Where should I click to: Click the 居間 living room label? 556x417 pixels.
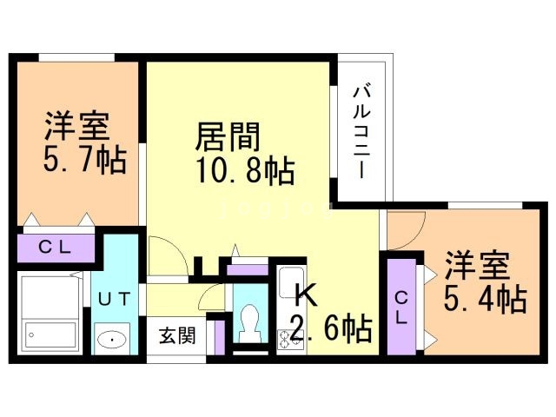(x=229, y=137)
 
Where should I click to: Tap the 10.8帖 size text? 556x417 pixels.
(x=244, y=170)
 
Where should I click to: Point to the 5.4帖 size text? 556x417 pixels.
(x=485, y=299)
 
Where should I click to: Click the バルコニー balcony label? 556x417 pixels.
(x=363, y=130)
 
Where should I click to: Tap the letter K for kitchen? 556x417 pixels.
(x=303, y=295)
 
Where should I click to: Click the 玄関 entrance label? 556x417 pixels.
(x=175, y=334)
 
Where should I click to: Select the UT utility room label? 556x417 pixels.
(x=115, y=300)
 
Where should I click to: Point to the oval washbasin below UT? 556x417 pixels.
(x=111, y=339)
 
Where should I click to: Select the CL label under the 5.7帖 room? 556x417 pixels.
(x=54, y=247)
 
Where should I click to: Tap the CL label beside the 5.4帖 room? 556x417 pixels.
(x=401, y=309)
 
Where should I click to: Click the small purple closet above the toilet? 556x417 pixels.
(x=248, y=268)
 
